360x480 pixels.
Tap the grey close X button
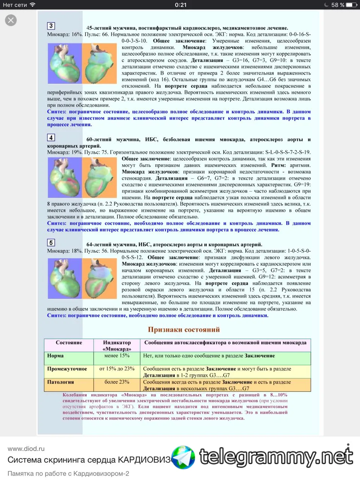11,20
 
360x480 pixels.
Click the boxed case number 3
51,26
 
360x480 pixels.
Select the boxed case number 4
51,138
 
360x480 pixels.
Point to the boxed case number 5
51,243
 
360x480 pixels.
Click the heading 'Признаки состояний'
184,330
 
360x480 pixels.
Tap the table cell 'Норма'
55,355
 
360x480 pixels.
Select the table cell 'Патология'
60,382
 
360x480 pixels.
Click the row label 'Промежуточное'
67,369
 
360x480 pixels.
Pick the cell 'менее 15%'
117,355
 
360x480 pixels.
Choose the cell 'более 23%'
117,382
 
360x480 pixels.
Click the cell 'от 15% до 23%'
117,369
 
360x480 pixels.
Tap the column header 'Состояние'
69,342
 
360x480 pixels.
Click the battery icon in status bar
351,5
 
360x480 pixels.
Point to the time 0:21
181,5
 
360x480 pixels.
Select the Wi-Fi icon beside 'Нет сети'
33,5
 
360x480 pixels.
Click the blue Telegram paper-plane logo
183,457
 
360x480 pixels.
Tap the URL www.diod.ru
26,448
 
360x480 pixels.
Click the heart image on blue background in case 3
64,63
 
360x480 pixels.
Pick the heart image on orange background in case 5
99,278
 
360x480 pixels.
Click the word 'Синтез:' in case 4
57,223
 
